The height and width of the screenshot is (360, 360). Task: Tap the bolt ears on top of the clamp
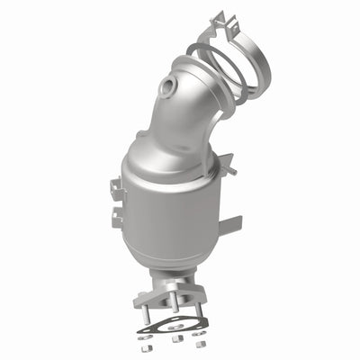pos(214,19)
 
